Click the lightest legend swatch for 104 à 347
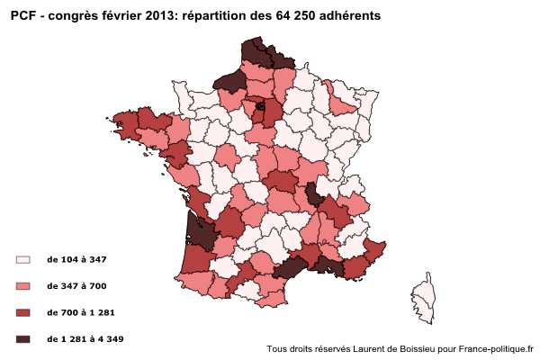[23, 259]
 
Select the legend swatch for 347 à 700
[23, 286]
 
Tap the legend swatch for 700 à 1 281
[23, 312]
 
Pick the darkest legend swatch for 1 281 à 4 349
[23, 339]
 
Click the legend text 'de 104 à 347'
[76, 259]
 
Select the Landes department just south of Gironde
[195, 258]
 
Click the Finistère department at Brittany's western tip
[125, 122]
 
